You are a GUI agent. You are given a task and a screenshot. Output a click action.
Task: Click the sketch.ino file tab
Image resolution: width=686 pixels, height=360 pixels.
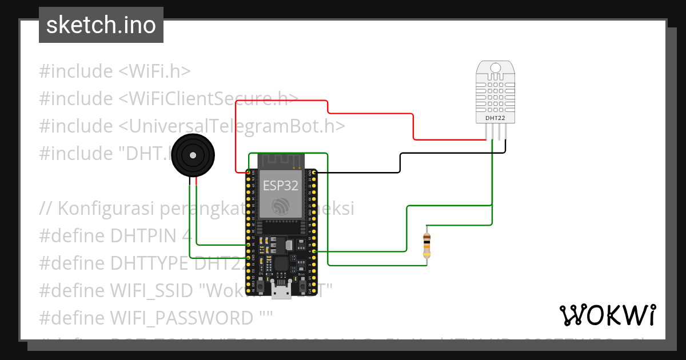[x=101, y=25]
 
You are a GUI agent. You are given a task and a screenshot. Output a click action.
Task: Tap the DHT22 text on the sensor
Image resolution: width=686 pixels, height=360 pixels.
[x=495, y=118]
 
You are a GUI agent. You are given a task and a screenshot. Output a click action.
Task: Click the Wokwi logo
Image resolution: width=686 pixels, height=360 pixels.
[x=607, y=315]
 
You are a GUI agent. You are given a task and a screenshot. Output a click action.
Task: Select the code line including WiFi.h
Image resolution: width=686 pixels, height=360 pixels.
[x=114, y=71]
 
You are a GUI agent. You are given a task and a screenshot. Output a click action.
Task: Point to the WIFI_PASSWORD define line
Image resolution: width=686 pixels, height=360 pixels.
[x=156, y=317]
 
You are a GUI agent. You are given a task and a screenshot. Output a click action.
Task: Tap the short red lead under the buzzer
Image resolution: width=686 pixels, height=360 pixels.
[x=196, y=182]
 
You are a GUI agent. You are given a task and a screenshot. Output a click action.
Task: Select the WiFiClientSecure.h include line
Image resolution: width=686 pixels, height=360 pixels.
[x=169, y=98]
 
